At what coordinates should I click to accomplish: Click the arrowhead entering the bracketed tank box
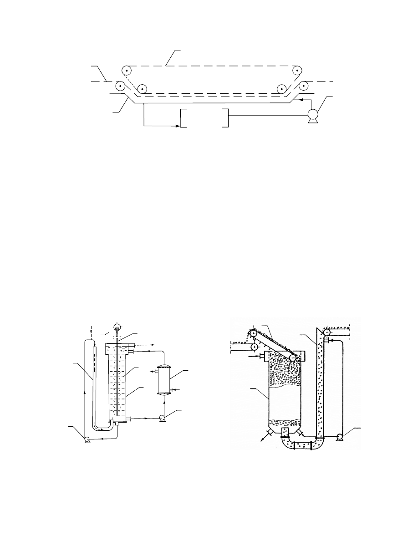[178, 126]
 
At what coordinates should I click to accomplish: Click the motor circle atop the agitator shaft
[117, 326]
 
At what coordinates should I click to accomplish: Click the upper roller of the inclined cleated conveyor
[253, 333]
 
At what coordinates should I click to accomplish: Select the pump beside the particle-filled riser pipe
[340, 436]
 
